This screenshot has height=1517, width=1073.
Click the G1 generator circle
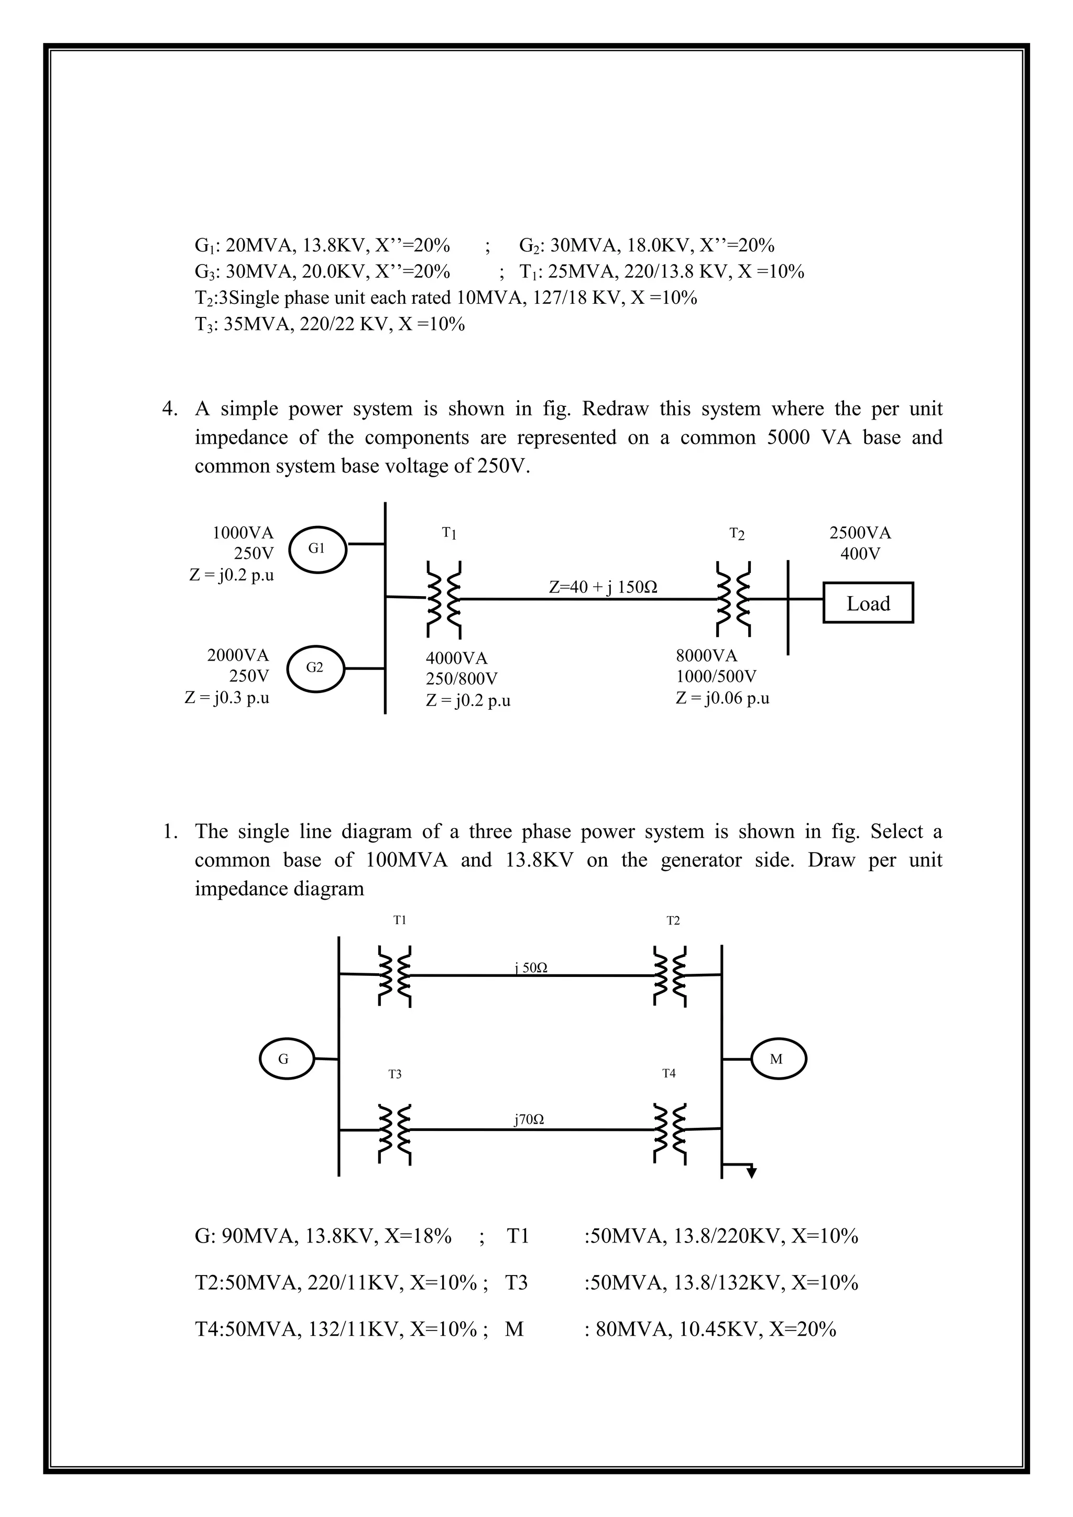[317, 548]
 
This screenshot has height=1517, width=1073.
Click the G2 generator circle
[315, 668]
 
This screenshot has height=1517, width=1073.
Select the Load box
[868, 602]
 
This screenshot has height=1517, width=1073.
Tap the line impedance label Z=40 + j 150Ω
[603, 587]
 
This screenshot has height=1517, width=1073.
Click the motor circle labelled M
[777, 1059]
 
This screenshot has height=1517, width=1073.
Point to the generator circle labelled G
[284, 1059]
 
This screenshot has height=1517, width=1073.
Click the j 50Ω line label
[531, 968]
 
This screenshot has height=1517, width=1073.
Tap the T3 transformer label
[395, 1074]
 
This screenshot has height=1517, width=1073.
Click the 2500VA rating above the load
[860, 533]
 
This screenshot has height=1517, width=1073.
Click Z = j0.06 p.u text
[722, 698]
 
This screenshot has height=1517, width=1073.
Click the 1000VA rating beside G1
[243, 533]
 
